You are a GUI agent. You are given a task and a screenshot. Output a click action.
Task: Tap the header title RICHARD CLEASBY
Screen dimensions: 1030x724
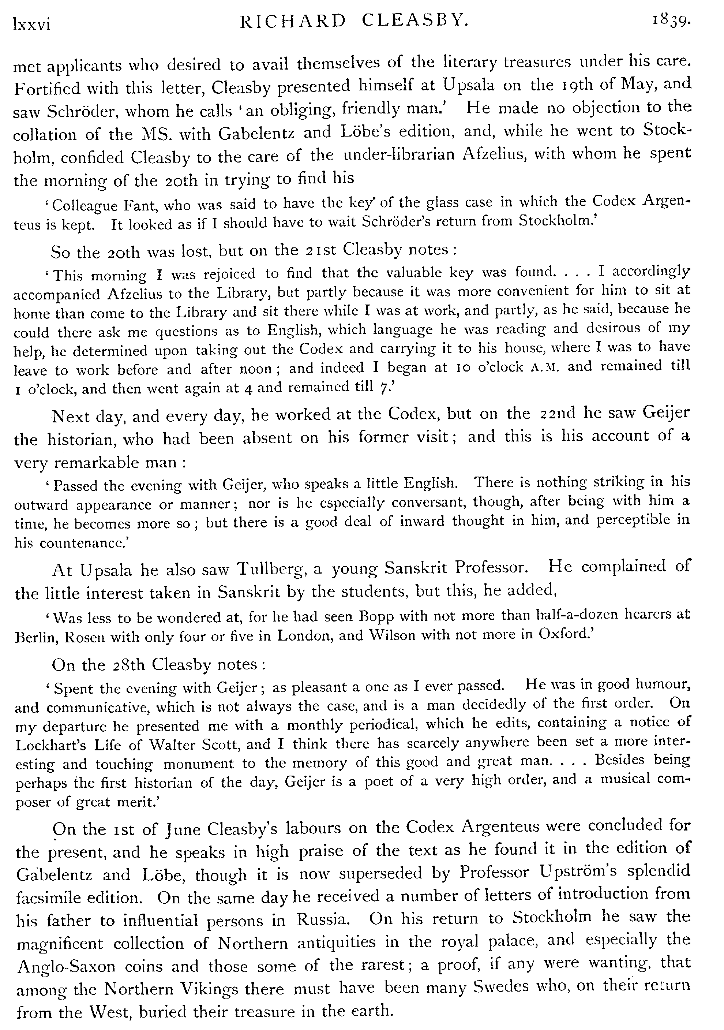tap(354, 21)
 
